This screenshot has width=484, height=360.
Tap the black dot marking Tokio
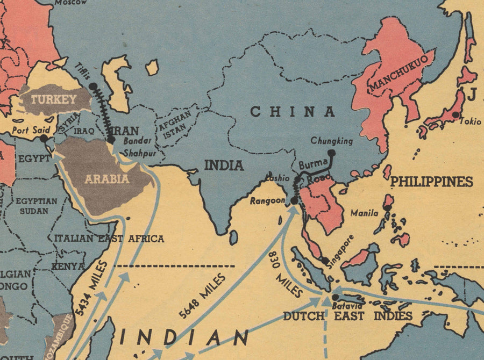(455, 114)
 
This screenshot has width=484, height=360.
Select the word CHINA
(293, 112)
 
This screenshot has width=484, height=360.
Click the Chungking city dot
(332, 153)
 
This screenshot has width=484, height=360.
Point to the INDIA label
(224, 165)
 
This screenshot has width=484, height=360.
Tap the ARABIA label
(106, 178)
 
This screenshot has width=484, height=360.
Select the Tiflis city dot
(93, 86)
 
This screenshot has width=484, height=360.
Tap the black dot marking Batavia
(334, 297)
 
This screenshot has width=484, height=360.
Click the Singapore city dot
(325, 261)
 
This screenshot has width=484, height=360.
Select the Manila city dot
(387, 207)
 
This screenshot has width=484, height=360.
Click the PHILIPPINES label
(431, 182)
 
